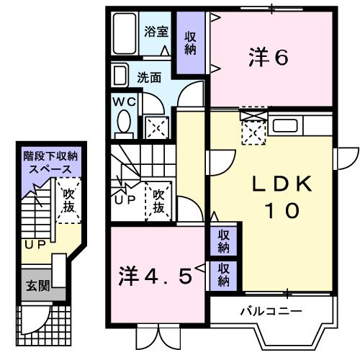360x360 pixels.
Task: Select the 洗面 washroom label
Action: tap(149, 77)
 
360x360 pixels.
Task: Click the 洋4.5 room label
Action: tap(156, 275)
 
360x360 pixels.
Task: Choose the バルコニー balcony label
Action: tap(271, 311)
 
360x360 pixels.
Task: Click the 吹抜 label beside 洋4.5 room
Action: tap(159, 201)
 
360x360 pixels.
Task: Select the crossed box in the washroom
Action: tap(156, 127)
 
